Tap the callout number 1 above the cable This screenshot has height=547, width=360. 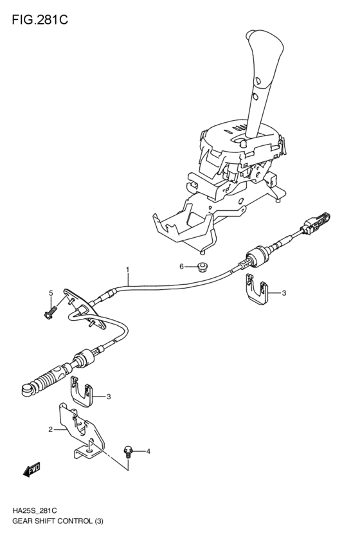coord(127,269)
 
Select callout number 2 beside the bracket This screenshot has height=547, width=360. coord(50,429)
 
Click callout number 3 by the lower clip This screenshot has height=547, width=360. coord(109,397)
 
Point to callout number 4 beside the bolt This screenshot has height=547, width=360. coord(148,452)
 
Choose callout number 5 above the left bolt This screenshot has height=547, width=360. coord(50,294)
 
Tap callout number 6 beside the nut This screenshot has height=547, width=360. coord(182,266)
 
